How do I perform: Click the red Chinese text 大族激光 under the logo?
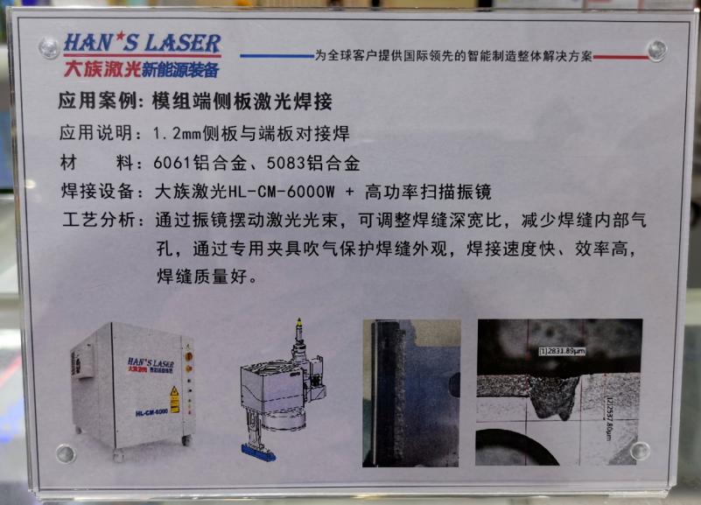pyautogui.click(x=91, y=66)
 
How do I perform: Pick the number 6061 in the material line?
pyautogui.click(x=172, y=164)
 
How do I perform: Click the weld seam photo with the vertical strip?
pyautogui.click(x=410, y=392)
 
